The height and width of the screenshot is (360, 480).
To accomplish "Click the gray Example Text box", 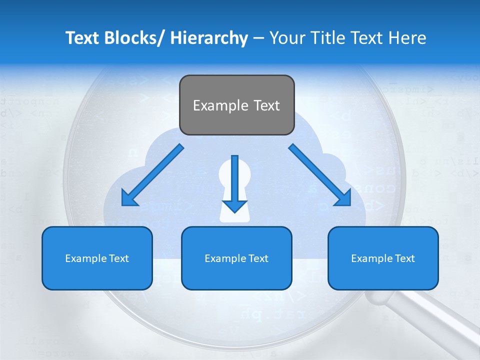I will click(x=236, y=105).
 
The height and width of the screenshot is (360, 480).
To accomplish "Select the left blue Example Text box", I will click(x=97, y=258).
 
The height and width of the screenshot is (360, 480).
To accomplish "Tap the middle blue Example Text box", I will click(x=236, y=258).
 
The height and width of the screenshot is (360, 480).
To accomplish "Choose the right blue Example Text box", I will click(x=383, y=258).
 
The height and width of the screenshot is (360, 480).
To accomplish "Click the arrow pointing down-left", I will click(x=153, y=174).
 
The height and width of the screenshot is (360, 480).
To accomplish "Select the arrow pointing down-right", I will click(x=320, y=174).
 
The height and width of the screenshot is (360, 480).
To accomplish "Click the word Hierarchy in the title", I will click(x=209, y=38).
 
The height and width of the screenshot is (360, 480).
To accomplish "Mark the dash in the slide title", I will click(x=258, y=38).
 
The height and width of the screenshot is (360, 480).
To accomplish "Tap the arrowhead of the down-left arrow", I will click(x=129, y=198).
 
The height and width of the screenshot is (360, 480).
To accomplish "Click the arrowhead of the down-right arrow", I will click(x=344, y=198).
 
